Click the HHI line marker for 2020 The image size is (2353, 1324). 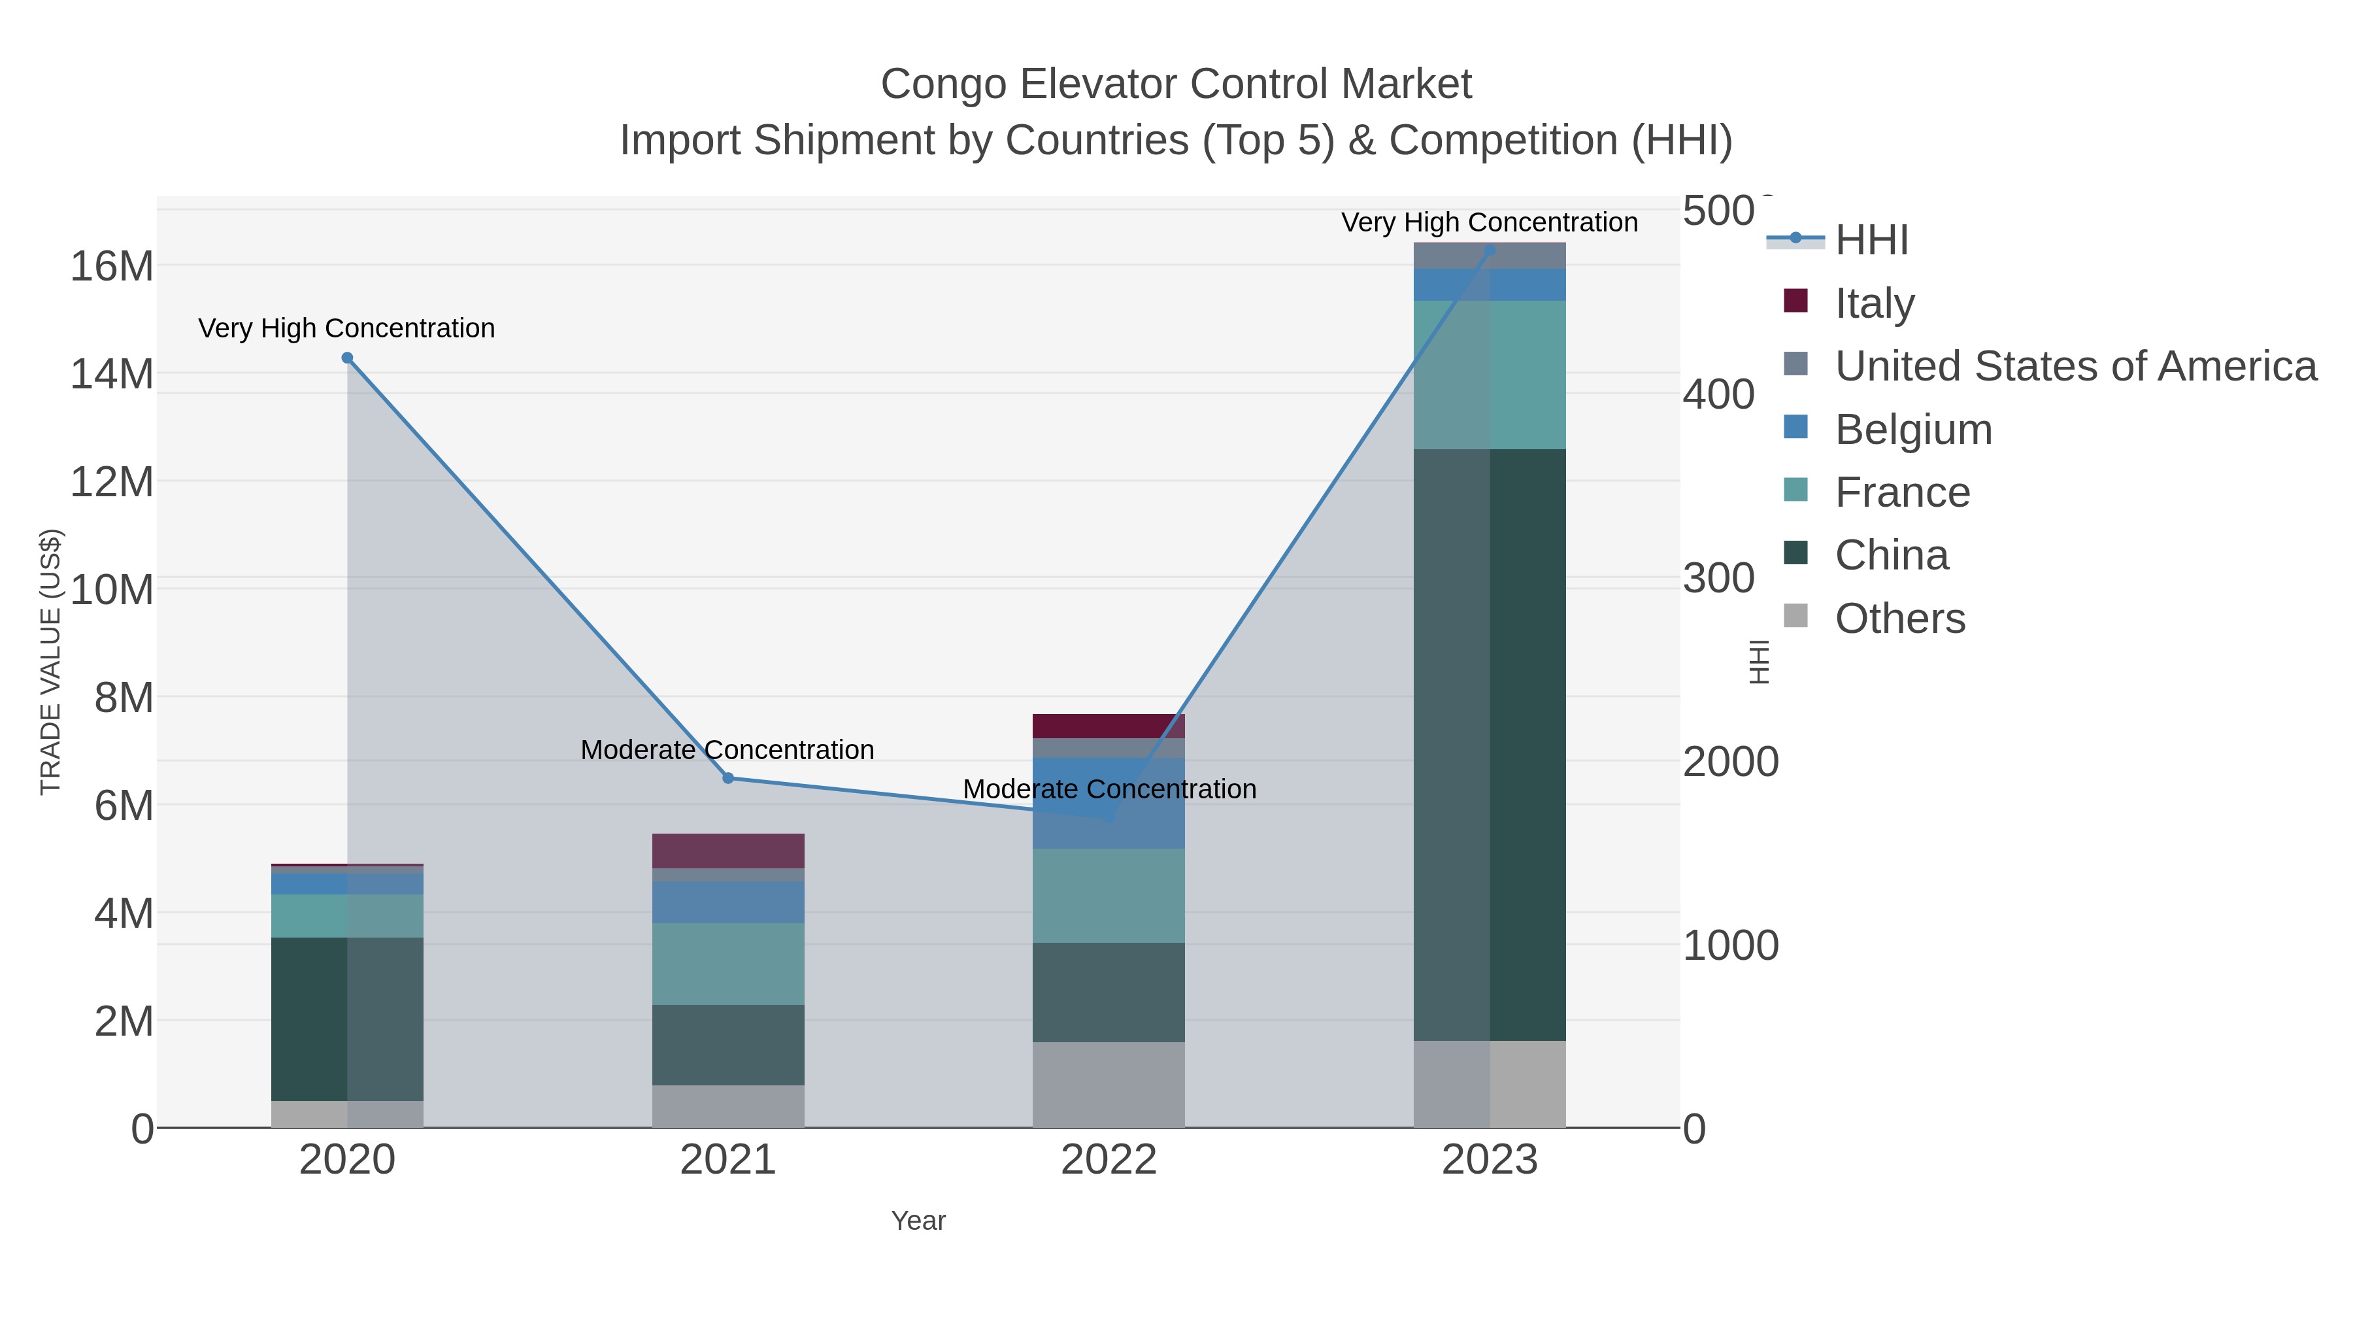coord(347,358)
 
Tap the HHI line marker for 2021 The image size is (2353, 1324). coord(728,777)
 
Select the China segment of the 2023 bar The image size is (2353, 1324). coord(1490,745)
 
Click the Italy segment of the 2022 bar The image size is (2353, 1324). coord(1108,726)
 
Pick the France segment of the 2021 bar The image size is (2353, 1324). coord(728,963)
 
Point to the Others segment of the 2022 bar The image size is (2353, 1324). coord(1108,1085)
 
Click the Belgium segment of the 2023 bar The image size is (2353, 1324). coord(1490,284)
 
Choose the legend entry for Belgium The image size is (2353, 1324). coord(1912,430)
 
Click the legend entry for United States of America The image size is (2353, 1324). coord(2073,366)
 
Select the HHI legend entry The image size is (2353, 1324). coord(1871,241)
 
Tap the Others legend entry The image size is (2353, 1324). coord(1899,619)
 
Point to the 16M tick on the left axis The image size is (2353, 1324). coord(111,266)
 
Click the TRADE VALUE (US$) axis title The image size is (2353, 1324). coord(50,662)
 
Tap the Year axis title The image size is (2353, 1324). coord(918,1221)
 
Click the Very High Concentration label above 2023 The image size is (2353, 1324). coord(1489,222)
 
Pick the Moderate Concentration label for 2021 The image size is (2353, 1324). coord(727,749)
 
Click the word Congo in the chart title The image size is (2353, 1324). coord(944,84)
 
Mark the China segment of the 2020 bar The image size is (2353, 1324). coord(347,1019)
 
